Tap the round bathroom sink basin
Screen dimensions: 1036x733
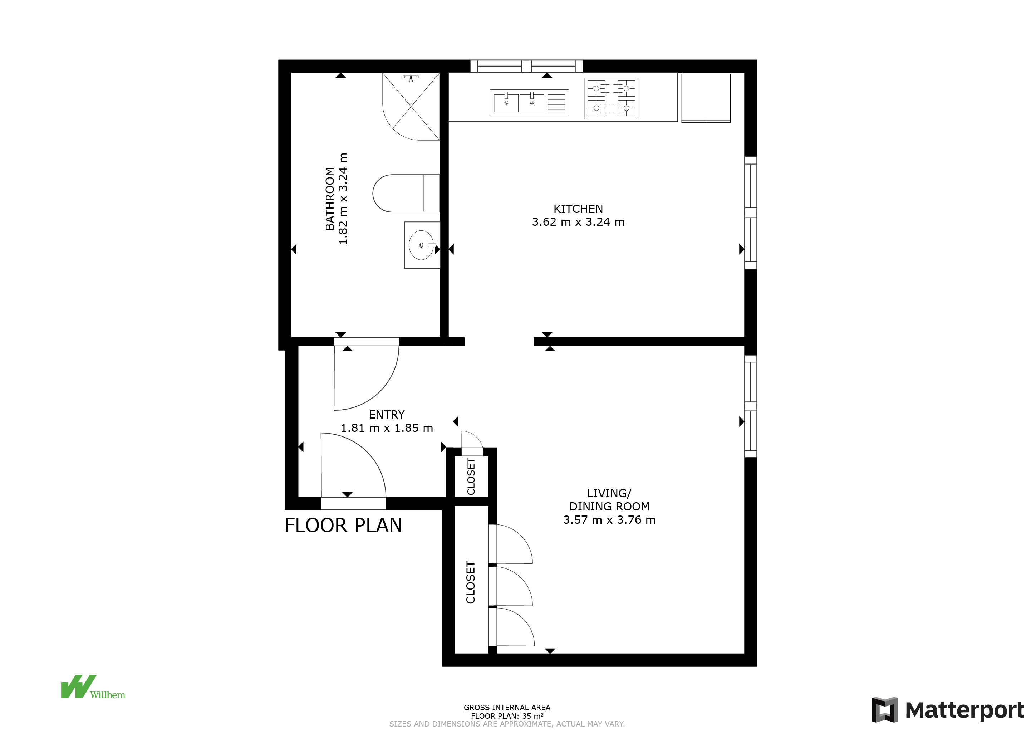(x=421, y=245)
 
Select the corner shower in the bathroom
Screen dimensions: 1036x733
(x=411, y=107)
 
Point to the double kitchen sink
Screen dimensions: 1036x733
(x=529, y=102)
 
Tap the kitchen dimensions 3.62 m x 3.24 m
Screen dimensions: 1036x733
(x=578, y=222)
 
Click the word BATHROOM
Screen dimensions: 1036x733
(x=330, y=199)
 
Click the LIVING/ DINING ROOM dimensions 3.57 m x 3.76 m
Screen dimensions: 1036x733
(x=609, y=520)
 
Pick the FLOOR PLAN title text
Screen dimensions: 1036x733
(x=343, y=526)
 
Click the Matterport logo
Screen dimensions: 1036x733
(x=948, y=710)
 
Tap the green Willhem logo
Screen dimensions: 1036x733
(x=93, y=687)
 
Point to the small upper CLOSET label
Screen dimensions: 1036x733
(x=471, y=477)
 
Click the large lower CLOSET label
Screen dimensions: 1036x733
(x=471, y=582)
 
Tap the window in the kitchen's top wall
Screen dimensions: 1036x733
(x=526, y=66)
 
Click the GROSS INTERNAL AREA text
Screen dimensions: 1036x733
(x=507, y=708)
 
